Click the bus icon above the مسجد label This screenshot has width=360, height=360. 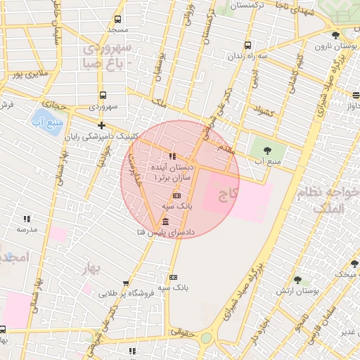pos(117,19)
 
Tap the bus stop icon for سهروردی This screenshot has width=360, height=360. pos(103,95)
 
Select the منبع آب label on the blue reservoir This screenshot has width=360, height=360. pos(48,123)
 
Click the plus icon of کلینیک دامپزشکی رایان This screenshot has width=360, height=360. pos(102,126)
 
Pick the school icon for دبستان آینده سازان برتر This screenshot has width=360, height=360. pos(172,156)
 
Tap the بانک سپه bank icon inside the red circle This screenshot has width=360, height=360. pos(176,195)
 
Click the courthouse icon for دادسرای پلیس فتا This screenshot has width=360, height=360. pos(165,221)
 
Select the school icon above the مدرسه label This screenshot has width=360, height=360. pos(27,219)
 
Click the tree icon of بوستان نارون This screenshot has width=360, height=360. pos(335,35)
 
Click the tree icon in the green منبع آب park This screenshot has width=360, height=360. pos(266,150)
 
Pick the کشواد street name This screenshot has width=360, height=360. pos(261,112)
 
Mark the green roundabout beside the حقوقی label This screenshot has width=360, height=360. pos(206,338)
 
